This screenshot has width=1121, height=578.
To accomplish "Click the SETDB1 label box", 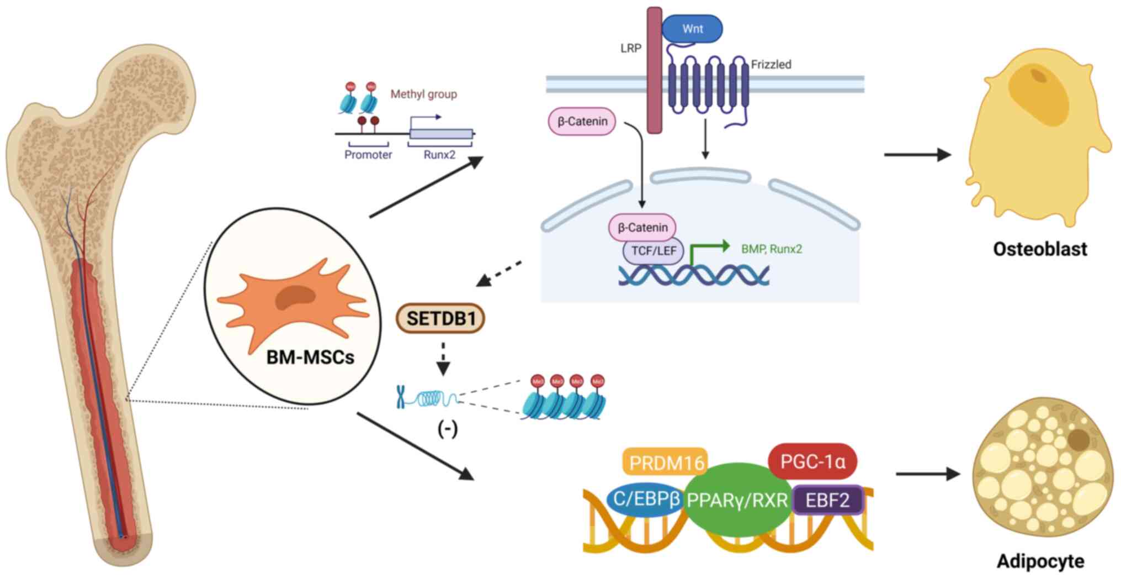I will (x=440, y=318).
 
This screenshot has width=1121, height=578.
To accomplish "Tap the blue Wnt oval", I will (x=692, y=29).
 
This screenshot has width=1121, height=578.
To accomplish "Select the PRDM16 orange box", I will (x=666, y=462).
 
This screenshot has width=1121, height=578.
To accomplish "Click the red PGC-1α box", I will (x=812, y=461).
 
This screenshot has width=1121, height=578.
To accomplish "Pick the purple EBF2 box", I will (x=827, y=500).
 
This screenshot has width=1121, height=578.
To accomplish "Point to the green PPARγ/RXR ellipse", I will (x=737, y=500).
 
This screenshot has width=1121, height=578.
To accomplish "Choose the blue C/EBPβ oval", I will (x=646, y=498).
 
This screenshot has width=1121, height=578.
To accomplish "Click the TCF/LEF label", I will (x=654, y=251).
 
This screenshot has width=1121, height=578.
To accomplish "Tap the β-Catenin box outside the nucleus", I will (x=582, y=122).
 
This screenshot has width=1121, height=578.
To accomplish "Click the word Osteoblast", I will (x=1040, y=249).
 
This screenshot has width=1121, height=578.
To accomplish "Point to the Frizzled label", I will (x=771, y=65).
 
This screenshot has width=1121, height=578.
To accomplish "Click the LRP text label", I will (x=630, y=49).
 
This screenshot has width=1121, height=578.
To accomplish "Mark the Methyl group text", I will (x=423, y=94).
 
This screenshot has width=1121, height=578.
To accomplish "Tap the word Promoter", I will (x=368, y=155).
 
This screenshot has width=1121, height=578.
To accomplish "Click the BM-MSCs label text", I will (x=310, y=357).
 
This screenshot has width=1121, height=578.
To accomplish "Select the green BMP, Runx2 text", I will (x=771, y=249).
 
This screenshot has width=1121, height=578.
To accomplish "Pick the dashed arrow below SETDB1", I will (x=443, y=359).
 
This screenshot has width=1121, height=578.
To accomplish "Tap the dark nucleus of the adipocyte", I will (x=1078, y=440).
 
